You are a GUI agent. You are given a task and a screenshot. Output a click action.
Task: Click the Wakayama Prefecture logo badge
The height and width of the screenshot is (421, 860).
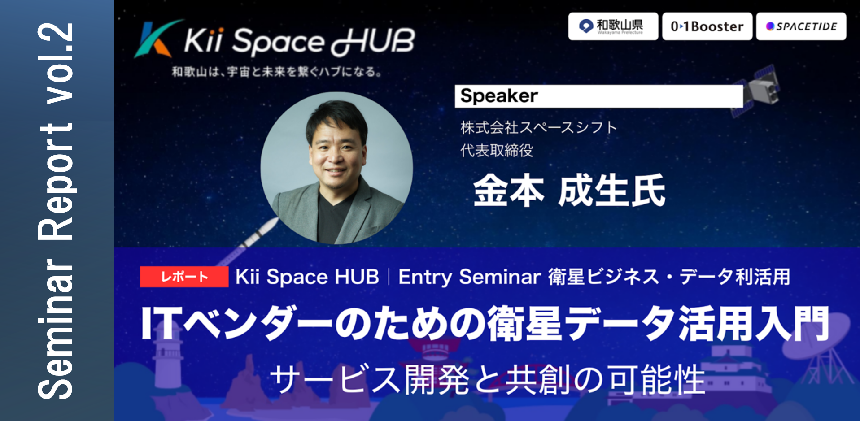[613, 26]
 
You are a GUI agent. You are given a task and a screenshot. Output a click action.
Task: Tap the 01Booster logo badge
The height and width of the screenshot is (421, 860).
[707, 26]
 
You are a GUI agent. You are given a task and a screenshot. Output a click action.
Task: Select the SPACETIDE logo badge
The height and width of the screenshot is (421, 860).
[801, 26]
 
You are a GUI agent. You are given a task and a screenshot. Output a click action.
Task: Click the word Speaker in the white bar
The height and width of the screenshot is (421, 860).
[499, 95]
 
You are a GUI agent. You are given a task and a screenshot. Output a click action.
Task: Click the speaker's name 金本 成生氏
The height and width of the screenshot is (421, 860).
[569, 191]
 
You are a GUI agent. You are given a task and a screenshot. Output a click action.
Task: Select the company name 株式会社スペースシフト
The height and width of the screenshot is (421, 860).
[539, 127]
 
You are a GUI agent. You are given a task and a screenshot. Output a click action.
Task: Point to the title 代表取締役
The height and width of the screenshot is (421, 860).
[497, 151]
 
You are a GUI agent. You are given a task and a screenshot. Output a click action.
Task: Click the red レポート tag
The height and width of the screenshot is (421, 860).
[184, 277]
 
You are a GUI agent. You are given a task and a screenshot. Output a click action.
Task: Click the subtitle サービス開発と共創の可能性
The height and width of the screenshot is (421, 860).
[487, 379]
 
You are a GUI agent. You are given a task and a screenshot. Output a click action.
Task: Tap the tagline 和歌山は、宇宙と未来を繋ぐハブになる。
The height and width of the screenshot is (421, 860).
[277, 72]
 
